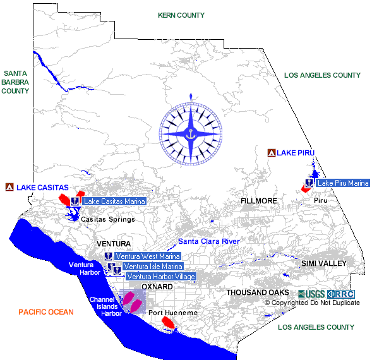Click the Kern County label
(x=181, y=15)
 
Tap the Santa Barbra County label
(x=15, y=82)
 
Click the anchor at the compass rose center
(x=191, y=134)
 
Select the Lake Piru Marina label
(x=343, y=183)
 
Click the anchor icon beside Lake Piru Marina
(x=309, y=183)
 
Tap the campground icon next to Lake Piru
(x=272, y=153)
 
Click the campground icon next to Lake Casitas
(x=9, y=187)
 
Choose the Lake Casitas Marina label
(x=114, y=201)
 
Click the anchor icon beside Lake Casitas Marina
(x=75, y=201)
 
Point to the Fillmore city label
(x=259, y=201)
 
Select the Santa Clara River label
(x=209, y=241)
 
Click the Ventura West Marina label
(x=148, y=256)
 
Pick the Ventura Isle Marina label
(x=153, y=267)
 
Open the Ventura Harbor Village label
(x=161, y=276)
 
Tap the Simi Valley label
(x=324, y=263)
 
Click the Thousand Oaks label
(x=258, y=292)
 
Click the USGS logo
(x=311, y=294)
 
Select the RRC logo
(x=341, y=294)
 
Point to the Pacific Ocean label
(x=46, y=312)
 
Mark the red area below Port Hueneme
(x=168, y=323)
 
